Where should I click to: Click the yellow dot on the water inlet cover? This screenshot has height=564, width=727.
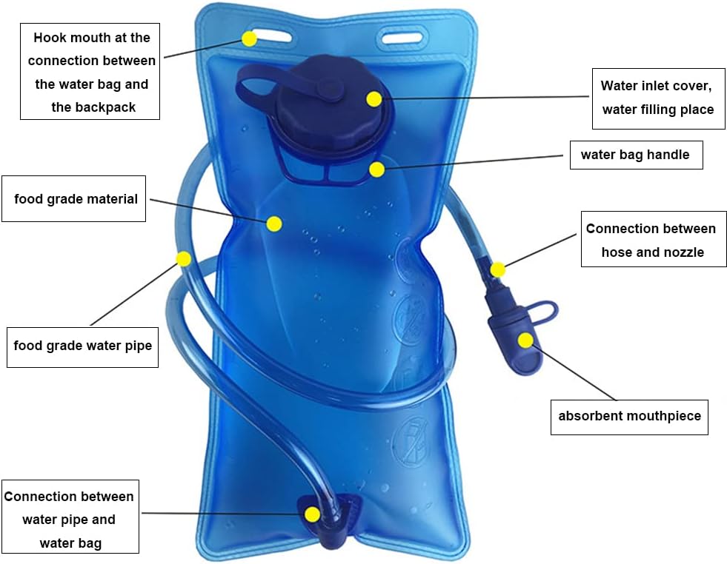(374, 98)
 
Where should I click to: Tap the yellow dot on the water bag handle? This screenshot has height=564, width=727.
(376, 169)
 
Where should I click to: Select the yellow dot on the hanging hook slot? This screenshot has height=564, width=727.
(250, 38)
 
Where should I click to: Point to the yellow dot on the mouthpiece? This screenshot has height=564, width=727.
(525, 340)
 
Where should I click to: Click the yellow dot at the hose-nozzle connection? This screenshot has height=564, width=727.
(498, 269)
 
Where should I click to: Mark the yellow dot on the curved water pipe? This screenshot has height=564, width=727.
(183, 259)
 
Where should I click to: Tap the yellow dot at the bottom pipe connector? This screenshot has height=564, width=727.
(312, 514)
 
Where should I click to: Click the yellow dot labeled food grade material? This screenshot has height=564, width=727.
(274, 223)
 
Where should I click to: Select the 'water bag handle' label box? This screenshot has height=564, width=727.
(636, 155)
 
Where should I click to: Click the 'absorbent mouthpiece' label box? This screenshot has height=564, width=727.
(629, 416)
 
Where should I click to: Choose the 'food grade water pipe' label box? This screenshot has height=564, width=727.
(82, 346)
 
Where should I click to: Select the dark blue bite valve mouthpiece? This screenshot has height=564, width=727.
(513, 337)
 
